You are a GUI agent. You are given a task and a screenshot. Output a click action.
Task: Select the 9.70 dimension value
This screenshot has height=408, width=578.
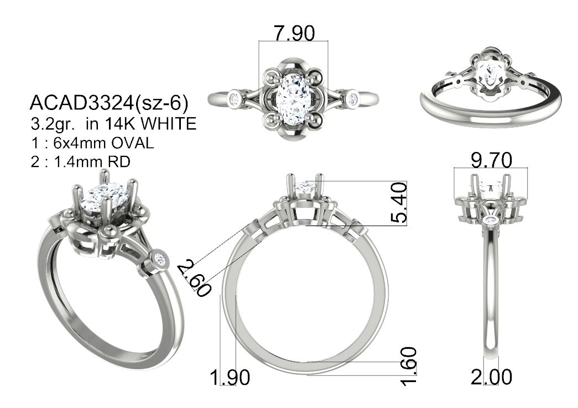(x=491, y=160)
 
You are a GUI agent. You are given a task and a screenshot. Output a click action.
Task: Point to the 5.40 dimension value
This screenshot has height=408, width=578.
(x=399, y=203)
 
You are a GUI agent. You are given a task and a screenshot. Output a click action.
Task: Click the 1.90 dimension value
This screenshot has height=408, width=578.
(x=230, y=378)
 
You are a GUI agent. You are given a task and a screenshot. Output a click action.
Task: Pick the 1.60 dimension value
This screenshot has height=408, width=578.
(x=409, y=366)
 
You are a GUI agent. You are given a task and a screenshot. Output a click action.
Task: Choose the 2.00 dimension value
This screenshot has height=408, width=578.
(x=491, y=376)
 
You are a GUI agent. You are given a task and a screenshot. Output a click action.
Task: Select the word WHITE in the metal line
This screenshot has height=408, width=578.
(x=169, y=124)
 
